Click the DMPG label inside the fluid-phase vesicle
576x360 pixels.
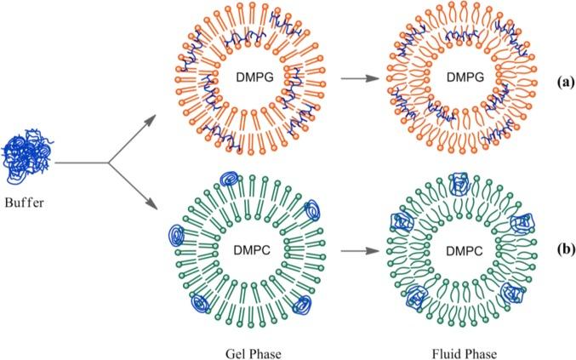[459, 78]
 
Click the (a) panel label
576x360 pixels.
[545, 83]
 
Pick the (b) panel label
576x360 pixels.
[545, 252]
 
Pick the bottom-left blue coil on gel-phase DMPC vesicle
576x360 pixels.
[202, 300]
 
